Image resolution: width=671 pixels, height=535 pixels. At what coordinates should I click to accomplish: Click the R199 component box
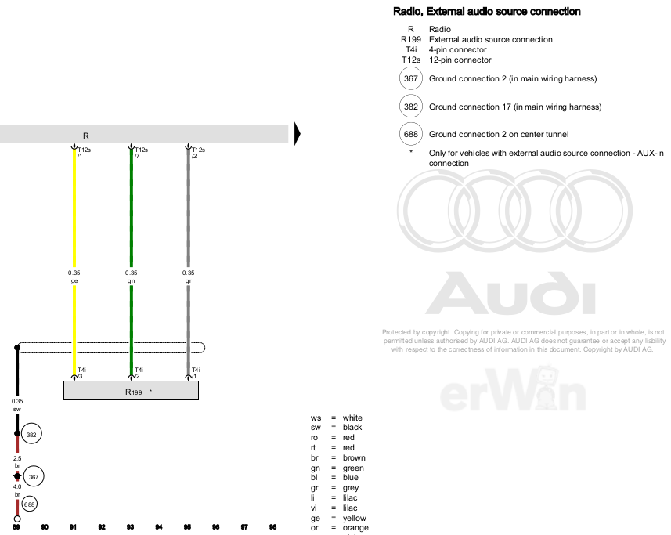(131, 390)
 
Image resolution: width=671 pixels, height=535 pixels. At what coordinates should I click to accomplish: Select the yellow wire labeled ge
(74, 211)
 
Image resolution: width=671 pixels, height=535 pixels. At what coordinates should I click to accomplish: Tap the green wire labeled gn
(132, 211)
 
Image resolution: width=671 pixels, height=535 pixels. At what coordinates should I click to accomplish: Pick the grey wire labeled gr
(188, 211)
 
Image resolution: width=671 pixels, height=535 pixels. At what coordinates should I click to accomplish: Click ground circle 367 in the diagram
(34, 475)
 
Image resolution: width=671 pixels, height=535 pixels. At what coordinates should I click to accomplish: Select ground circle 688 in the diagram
(29, 504)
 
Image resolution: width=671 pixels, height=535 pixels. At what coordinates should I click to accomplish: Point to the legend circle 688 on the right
(410, 134)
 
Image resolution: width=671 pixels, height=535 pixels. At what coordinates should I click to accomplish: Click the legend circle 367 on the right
(410, 78)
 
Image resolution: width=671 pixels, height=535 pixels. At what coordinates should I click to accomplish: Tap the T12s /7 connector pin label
(140, 153)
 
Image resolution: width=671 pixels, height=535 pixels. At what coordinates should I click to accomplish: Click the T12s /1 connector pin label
(85, 153)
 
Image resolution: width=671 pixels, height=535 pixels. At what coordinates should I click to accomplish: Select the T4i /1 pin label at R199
(195, 373)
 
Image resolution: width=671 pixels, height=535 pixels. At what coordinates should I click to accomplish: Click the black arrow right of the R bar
(298, 135)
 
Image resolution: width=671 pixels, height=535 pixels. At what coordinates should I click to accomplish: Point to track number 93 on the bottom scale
(130, 528)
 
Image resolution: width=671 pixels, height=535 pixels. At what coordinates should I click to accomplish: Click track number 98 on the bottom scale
(272, 528)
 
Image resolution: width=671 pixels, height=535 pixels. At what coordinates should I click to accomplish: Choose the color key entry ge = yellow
(340, 518)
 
